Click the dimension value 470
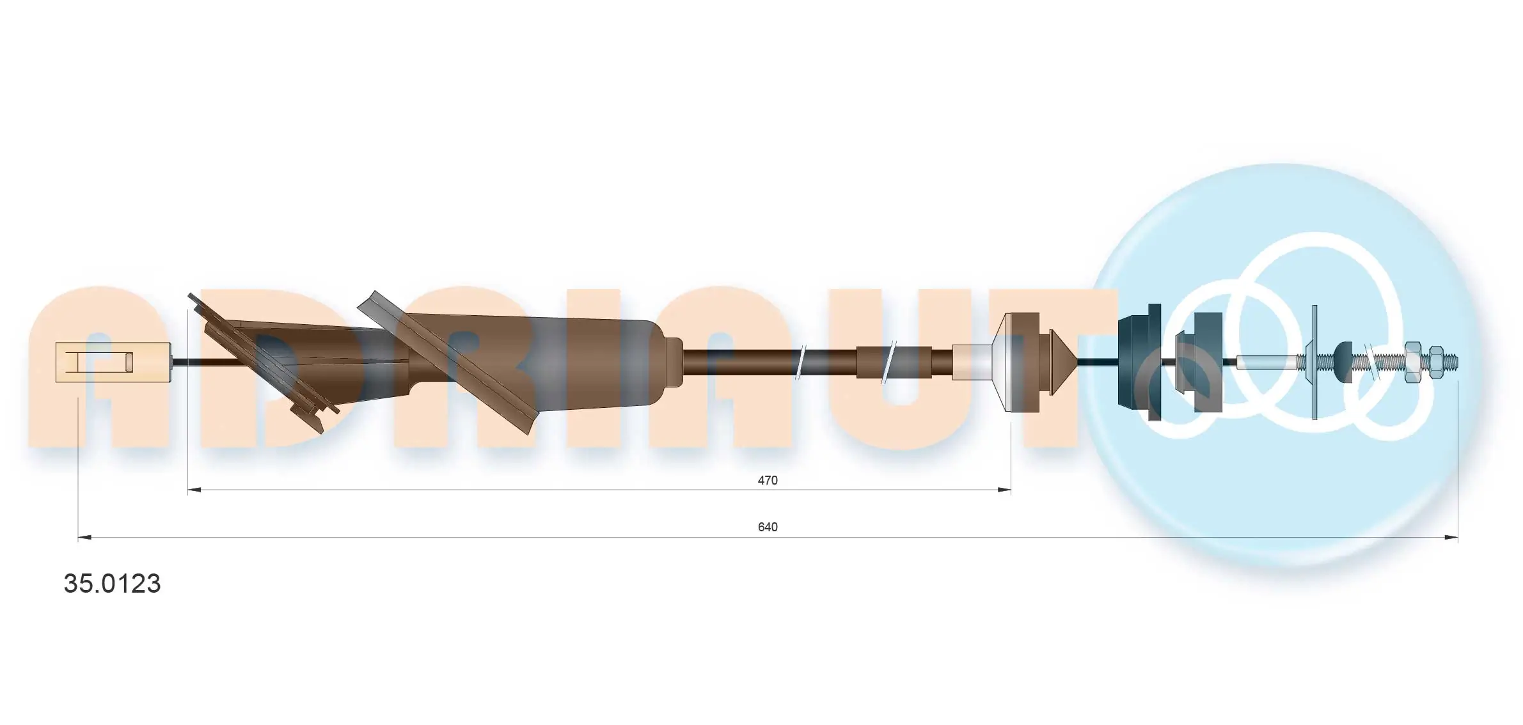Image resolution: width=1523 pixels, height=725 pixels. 767,480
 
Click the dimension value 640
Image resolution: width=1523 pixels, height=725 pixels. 767,527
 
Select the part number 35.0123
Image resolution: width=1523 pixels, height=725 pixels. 112,584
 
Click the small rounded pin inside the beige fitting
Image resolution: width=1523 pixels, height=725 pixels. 129,362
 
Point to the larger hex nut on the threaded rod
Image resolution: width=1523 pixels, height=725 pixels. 1412,362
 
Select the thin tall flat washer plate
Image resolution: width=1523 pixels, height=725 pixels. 1314,362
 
